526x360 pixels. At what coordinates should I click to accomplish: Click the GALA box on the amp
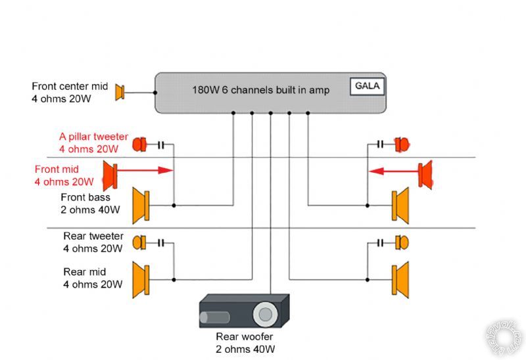[368, 86]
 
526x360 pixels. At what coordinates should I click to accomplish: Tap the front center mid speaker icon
[120, 93]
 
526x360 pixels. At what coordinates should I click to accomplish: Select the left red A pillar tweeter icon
[139, 145]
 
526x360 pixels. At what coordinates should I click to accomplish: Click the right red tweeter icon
[401, 145]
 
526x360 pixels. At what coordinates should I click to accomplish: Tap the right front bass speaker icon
[400, 206]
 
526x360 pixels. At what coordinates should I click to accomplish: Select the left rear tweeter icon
[139, 243]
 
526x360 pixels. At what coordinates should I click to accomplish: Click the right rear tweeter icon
[401, 243]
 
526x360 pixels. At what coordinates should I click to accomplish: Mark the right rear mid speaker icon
[400, 279]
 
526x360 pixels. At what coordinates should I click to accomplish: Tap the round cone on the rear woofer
[265, 314]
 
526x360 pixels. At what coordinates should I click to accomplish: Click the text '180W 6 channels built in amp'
[260, 89]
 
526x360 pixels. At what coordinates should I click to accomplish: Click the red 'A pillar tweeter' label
[93, 137]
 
